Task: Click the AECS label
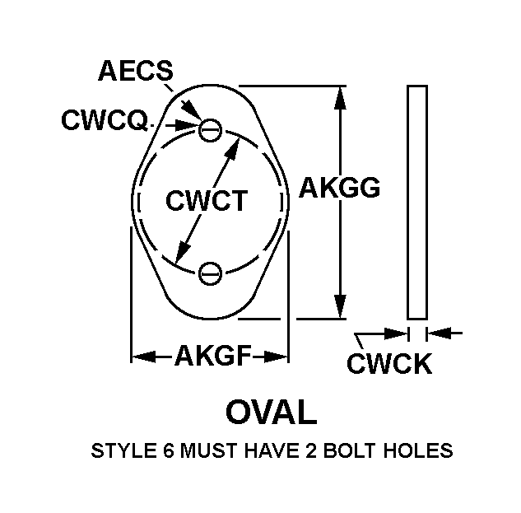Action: coord(135,72)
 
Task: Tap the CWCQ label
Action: coord(104,121)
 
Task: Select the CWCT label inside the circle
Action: coord(207,200)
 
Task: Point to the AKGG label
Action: coord(339,189)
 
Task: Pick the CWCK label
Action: coord(389,364)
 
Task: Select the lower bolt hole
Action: coord(212,272)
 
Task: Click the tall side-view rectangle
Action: coord(417,201)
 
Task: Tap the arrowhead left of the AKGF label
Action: coord(142,357)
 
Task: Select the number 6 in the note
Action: coord(155,451)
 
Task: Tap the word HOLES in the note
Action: coord(421,451)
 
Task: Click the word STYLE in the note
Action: coord(116,451)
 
